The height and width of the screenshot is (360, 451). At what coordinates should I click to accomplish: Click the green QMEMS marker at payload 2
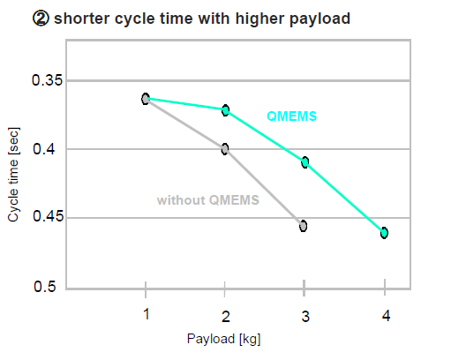click(225, 110)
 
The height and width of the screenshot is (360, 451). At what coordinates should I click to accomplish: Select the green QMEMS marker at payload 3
click(305, 162)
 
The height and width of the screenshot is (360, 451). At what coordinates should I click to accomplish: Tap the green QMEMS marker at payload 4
click(384, 233)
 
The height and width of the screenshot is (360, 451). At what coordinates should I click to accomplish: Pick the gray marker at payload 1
click(146, 99)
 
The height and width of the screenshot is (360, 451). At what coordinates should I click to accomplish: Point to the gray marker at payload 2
click(225, 149)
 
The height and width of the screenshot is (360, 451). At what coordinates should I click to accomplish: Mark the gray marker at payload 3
click(304, 226)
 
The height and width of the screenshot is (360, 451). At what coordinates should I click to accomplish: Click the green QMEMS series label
click(291, 116)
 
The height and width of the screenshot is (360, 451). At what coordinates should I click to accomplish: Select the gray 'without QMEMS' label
click(208, 200)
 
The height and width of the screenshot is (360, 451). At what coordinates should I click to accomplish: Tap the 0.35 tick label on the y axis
click(48, 80)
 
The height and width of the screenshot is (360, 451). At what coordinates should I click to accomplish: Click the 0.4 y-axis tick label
click(44, 149)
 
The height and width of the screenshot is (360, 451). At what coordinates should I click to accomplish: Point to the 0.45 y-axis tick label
click(48, 216)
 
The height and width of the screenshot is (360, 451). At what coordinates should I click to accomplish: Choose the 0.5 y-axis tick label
click(44, 286)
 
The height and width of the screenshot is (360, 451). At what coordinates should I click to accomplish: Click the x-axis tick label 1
click(147, 314)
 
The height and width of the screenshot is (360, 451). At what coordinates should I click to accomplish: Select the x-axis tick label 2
click(226, 317)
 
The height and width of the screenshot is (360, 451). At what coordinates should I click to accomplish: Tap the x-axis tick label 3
click(305, 317)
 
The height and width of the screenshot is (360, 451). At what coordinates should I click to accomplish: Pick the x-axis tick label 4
click(386, 316)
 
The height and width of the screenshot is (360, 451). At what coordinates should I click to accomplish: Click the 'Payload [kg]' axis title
click(223, 339)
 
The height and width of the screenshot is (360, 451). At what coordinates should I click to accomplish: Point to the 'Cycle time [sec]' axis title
click(13, 175)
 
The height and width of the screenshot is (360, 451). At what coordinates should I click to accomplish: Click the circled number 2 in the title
click(41, 19)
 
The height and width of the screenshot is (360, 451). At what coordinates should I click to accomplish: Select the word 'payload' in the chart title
click(319, 19)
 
